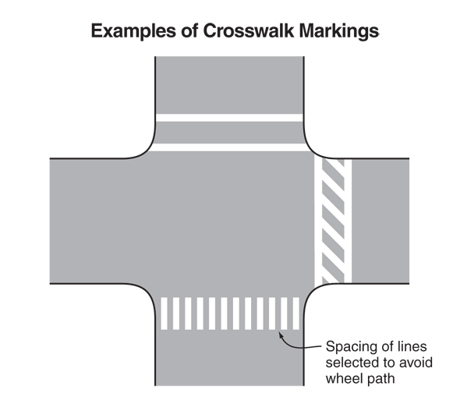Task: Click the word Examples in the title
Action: coord(133,31)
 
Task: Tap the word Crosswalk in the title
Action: coord(248,30)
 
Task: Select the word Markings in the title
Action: coord(339,31)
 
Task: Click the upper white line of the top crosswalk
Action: coord(229,118)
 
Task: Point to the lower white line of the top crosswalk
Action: coord(229,147)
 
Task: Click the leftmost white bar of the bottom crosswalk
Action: coord(164,314)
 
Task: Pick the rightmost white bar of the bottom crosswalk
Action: coord(296,314)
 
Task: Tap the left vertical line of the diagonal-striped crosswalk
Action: coord(318,220)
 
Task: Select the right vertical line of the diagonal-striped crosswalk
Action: coord(348,221)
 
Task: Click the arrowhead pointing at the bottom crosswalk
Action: coord(280,335)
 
